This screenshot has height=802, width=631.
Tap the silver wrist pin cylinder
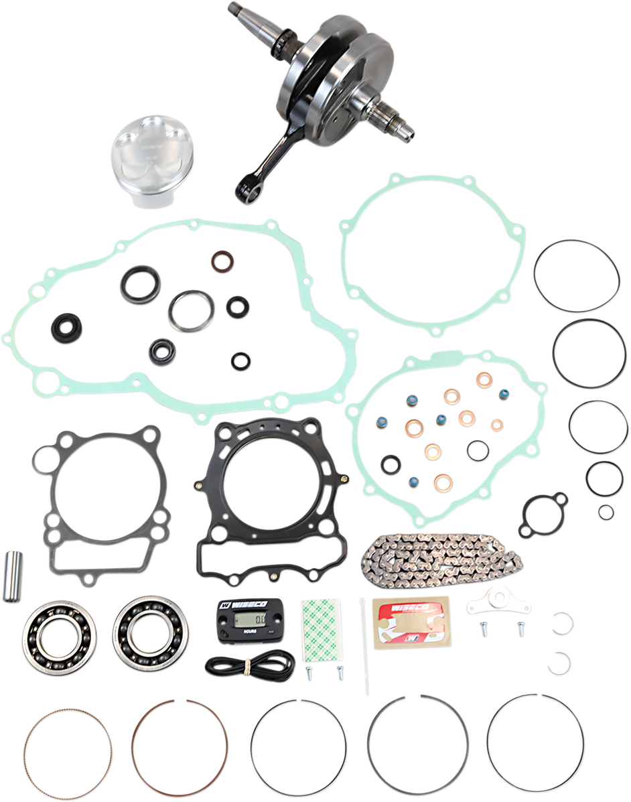tap(13, 576)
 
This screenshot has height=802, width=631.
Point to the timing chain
tap(441, 556)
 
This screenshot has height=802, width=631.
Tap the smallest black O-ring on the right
tap(606, 513)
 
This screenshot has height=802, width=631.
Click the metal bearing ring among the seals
tap(192, 311)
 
